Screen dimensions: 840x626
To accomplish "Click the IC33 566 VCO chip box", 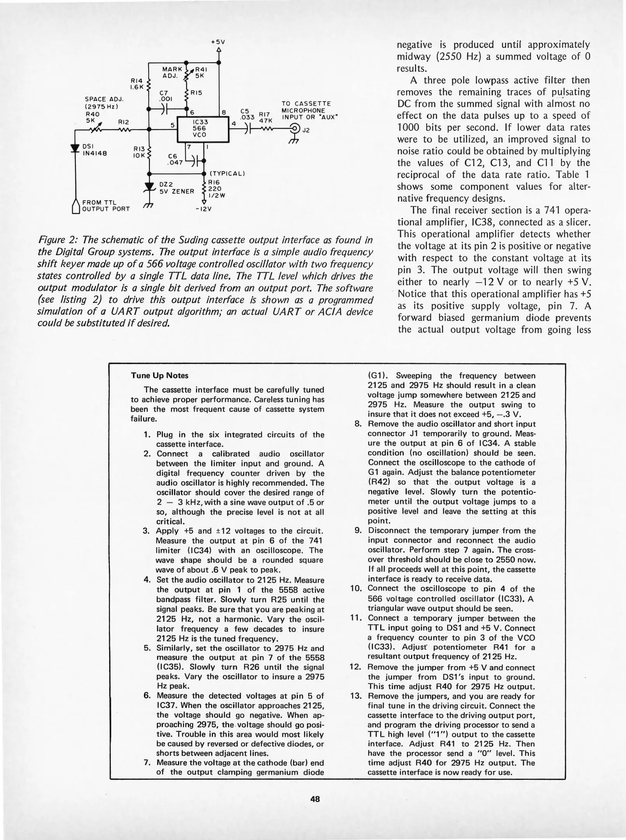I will click(202, 128).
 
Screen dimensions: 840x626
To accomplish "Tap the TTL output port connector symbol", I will click(76, 206).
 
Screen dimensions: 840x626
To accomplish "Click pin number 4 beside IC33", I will click(233, 123).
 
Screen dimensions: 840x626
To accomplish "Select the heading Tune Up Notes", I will click(160, 375).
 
